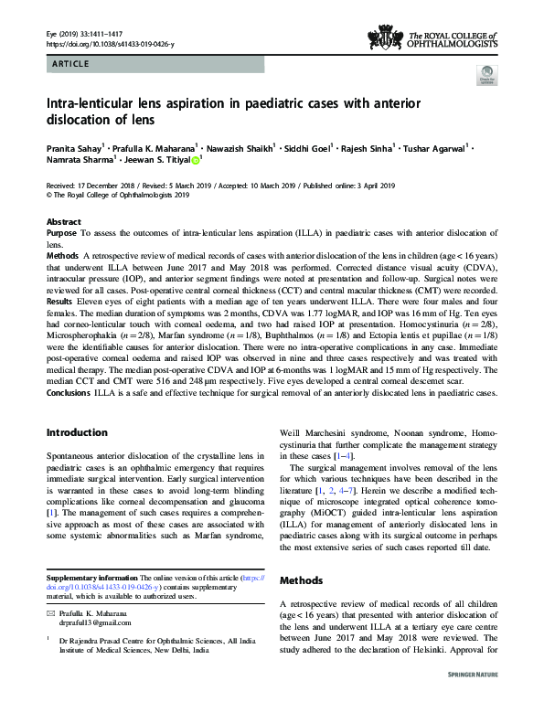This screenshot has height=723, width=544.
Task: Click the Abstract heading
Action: point(63,222)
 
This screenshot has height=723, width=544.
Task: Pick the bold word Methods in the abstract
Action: point(63,256)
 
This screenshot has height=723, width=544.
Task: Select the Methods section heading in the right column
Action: point(301,580)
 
